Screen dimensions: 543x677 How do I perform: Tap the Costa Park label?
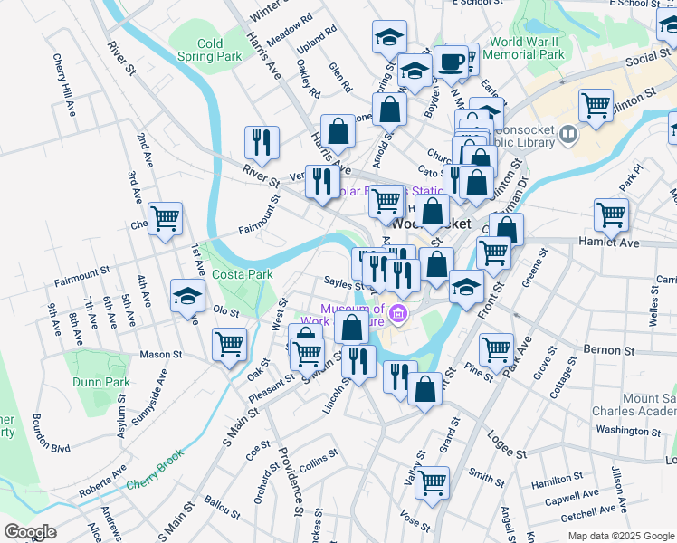coord(243,274)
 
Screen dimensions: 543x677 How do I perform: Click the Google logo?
coord(30,532)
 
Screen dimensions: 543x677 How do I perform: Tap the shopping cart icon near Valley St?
coord(432,481)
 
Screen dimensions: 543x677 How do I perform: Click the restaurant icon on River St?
coord(260,140)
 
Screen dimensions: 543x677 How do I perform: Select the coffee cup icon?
coord(451,61)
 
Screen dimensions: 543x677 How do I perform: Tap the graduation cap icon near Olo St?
coord(188,295)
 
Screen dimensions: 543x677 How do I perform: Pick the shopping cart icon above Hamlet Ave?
coord(611,214)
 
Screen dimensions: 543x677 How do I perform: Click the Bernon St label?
coord(607,349)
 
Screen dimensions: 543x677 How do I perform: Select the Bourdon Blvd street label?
coord(51,434)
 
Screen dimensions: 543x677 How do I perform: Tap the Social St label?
coord(646,58)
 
